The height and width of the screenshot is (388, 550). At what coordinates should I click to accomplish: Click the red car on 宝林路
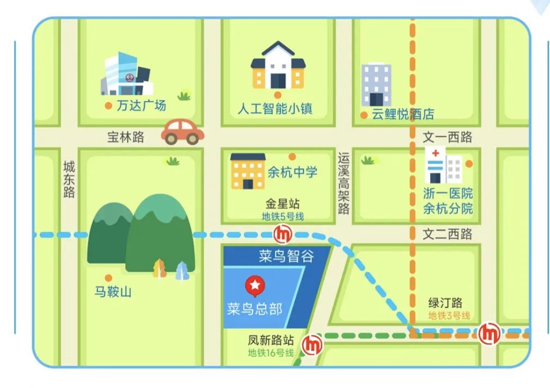click(x=182, y=132)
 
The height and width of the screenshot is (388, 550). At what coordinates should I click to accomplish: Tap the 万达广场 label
click(x=141, y=105)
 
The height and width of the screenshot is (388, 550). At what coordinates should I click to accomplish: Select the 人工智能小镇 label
click(x=275, y=108)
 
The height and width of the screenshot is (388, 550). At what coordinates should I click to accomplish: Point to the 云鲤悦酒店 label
click(x=403, y=114)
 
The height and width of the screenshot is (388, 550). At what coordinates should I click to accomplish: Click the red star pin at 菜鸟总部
click(x=254, y=285)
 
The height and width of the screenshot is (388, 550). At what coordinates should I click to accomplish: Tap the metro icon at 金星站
click(x=283, y=234)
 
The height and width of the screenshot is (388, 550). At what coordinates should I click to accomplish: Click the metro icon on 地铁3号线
click(x=490, y=332)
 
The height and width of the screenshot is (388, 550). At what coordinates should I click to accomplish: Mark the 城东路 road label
click(x=69, y=179)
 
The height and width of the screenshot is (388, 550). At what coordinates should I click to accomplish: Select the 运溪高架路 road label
click(x=343, y=183)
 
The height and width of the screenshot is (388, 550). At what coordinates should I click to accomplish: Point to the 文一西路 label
click(x=448, y=137)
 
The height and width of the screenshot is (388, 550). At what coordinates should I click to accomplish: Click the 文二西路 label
click(x=448, y=234)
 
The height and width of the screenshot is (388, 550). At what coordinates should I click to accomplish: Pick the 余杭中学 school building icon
click(x=247, y=171)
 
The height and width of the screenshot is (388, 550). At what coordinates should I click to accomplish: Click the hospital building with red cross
click(x=443, y=165)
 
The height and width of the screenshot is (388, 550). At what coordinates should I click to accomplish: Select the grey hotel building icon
click(x=376, y=84)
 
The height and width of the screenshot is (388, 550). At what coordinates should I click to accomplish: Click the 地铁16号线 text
click(x=271, y=353)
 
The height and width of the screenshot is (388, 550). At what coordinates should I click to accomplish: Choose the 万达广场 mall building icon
click(x=126, y=75)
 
